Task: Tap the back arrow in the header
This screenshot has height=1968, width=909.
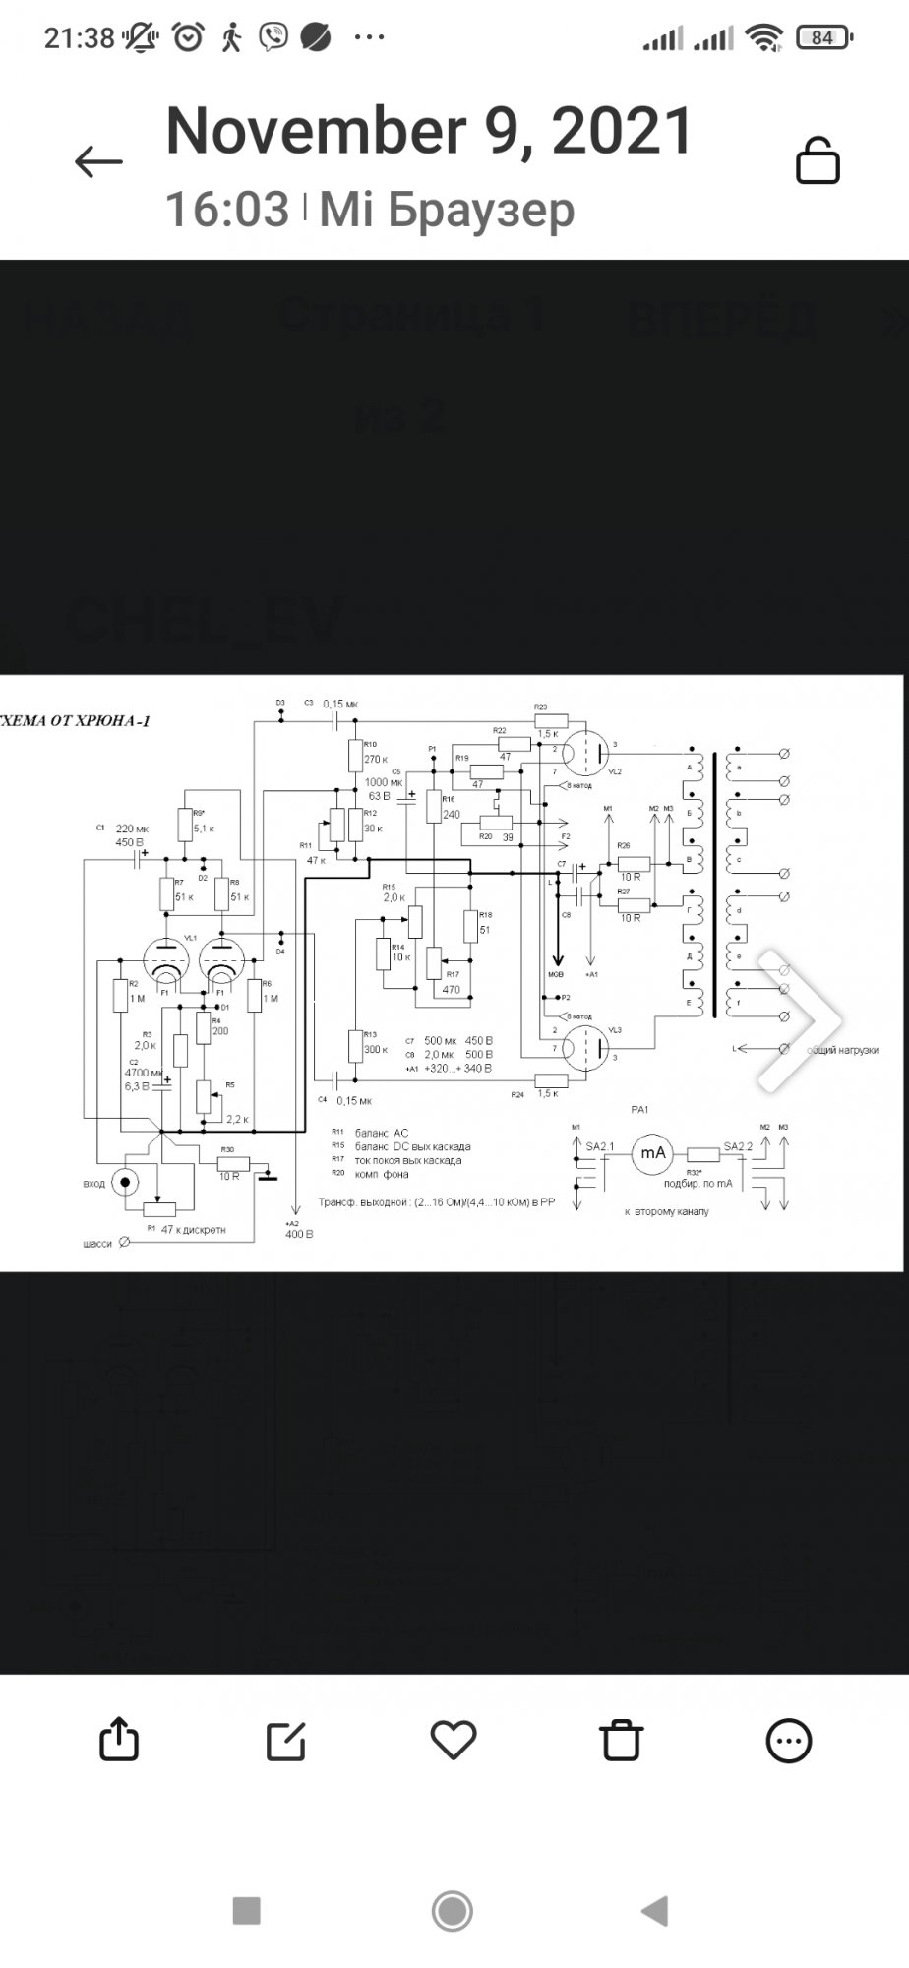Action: point(98,161)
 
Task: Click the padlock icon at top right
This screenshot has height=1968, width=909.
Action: point(817,160)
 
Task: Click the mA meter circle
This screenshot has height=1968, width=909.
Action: point(652,1153)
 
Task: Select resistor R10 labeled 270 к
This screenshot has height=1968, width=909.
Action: point(356,756)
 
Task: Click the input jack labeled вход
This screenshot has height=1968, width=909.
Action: point(125,1181)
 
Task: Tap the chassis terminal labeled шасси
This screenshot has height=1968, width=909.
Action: point(124,1243)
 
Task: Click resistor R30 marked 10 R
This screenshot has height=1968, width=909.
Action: point(233,1163)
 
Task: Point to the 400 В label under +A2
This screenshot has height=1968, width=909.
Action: point(298,1233)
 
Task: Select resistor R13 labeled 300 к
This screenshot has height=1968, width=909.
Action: point(356,1045)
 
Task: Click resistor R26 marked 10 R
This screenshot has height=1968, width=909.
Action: point(634,863)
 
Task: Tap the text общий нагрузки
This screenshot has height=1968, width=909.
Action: point(842,1050)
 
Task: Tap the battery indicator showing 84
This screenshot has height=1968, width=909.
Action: point(822,37)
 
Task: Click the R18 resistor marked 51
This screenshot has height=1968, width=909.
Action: point(470,927)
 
